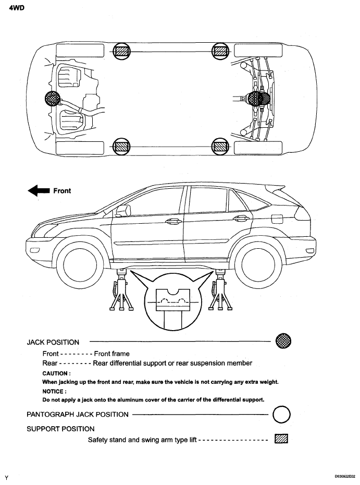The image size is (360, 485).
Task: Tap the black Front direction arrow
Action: (38, 191)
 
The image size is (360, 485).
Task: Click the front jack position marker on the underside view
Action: (53, 99)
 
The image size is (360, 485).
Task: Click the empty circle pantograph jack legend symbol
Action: (281, 415)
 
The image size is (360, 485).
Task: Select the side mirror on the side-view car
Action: (123, 210)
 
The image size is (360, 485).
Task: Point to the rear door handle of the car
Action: (240, 219)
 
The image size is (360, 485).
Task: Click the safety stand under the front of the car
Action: (121, 292)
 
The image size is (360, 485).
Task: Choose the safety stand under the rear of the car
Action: (218, 292)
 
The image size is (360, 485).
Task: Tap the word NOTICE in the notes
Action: (54, 391)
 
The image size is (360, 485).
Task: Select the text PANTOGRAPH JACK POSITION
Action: (77, 414)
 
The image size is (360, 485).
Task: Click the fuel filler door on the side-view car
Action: (277, 217)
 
